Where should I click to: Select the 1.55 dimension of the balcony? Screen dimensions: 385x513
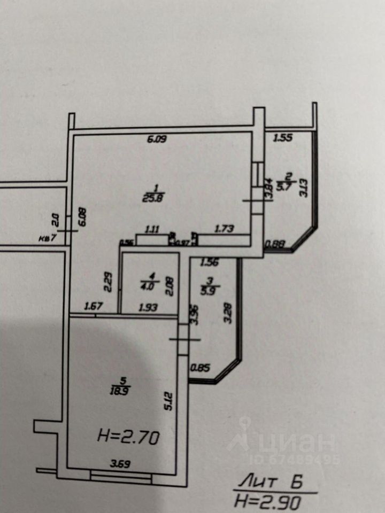pyautogui.click(x=283, y=138)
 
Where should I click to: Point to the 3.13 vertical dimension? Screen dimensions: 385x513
pyautogui.click(x=304, y=188)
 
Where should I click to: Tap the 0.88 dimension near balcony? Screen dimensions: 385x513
pyautogui.click(x=276, y=245)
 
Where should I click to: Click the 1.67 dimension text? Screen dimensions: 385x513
pyautogui.click(x=93, y=308)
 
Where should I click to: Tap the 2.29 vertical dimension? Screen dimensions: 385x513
pyautogui.click(x=108, y=282)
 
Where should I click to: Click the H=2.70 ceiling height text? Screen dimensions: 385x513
pyautogui.click(x=128, y=439)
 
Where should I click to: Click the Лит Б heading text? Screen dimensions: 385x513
pyautogui.click(x=271, y=483)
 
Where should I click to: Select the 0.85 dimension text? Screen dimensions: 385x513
pyautogui.click(x=200, y=368)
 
